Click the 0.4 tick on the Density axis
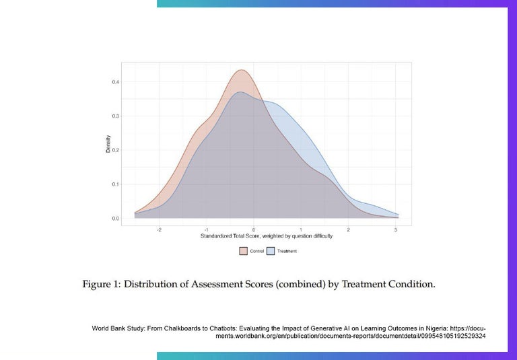[x=116, y=82]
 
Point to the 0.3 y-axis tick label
[x=116, y=116]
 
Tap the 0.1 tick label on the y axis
[x=116, y=184]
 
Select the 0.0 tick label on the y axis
[x=116, y=219]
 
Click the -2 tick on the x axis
[x=159, y=230]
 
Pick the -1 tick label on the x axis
[x=206, y=230]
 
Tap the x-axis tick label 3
[x=396, y=230]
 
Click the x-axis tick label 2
[x=349, y=230]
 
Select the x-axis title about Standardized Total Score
[x=267, y=237]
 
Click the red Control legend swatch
[x=244, y=251]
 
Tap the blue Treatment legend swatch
[x=271, y=251]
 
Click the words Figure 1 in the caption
[x=100, y=285]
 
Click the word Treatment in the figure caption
[x=364, y=285]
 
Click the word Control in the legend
[x=256, y=251]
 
